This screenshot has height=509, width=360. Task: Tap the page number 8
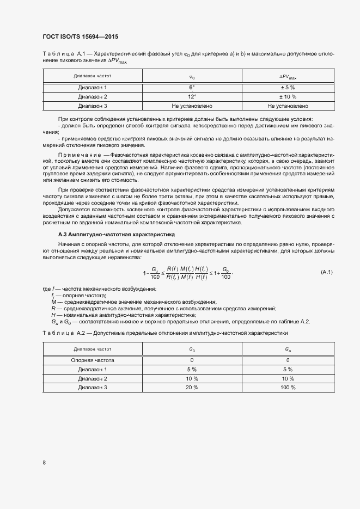pyautogui.click(x=44, y=462)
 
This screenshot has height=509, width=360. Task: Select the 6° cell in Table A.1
pyautogui.click(x=192, y=87)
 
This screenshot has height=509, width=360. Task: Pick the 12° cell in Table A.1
pyautogui.click(x=192, y=96)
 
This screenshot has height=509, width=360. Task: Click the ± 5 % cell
pyautogui.click(x=288, y=87)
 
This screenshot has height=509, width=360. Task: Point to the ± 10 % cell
pyautogui.click(x=288, y=96)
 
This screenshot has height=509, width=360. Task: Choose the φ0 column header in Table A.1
pyautogui.click(x=192, y=77)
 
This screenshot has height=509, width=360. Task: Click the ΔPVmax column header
pyautogui.click(x=288, y=77)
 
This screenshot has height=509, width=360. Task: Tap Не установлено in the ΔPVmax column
pyautogui.click(x=288, y=106)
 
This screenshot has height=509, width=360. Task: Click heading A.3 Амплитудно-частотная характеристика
pyautogui.click(x=109, y=234)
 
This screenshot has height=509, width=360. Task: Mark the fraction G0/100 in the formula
pyautogui.click(x=226, y=272)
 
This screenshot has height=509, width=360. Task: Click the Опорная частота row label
pyautogui.click(x=93, y=360)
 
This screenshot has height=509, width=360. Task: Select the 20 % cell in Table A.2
pyautogui.click(x=192, y=388)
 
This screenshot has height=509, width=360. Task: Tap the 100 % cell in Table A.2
pyautogui.click(x=288, y=388)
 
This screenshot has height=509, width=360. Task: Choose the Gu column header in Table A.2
pyautogui.click(x=288, y=349)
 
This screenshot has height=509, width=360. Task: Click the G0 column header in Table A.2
pyautogui.click(x=192, y=349)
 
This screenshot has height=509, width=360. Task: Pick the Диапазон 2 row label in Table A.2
pyautogui.click(x=93, y=378)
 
